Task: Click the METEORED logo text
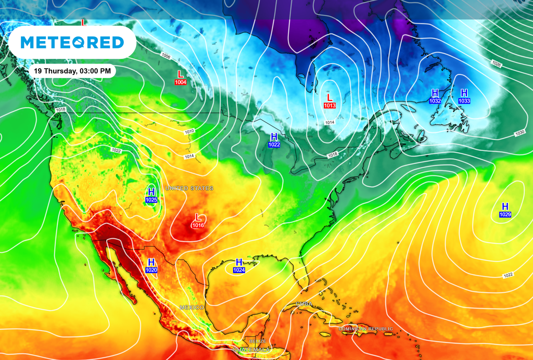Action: tap(72, 42)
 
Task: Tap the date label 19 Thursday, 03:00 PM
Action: tap(71, 71)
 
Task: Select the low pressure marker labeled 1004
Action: tap(181, 78)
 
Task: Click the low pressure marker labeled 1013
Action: tap(329, 101)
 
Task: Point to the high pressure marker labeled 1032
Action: tap(435, 96)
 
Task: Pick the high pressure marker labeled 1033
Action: tap(464, 96)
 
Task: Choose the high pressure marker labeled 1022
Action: tap(274, 140)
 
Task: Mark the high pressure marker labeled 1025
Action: tap(151, 196)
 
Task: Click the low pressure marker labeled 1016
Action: tap(198, 221)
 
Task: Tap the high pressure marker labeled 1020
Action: tap(151, 266)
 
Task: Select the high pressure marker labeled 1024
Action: tap(239, 266)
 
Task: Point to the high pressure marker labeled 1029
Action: tap(505, 210)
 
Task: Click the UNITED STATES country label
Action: tap(189, 188)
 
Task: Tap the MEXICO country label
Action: tap(192, 307)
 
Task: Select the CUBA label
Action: tap(304, 303)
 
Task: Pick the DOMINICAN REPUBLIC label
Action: tap(365, 329)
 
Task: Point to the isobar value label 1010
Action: tap(189, 131)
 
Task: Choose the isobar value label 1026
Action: tap(496, 63)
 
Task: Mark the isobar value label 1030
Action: tap(519, 133)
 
